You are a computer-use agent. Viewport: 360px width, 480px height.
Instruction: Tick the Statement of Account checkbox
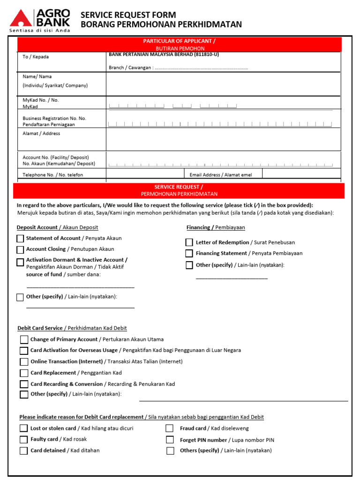[20, 239]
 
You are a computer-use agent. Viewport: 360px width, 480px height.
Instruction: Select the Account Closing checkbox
[20, 250]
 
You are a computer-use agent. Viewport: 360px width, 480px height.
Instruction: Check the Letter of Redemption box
[189, 242]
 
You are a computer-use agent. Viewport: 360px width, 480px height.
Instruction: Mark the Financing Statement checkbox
[189, 254]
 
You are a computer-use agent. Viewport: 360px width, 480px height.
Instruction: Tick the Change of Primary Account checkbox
[24, 340]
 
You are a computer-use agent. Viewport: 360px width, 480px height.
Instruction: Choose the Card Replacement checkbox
[24, 373]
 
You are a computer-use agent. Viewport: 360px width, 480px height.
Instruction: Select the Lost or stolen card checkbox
[23, 428]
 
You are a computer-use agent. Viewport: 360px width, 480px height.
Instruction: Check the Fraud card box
[170, 428]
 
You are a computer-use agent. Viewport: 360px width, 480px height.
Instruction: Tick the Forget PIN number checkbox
[170, 440]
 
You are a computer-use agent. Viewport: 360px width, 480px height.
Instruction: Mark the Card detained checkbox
[23, 451]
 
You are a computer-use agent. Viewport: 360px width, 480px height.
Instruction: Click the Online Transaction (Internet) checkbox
[24, 362]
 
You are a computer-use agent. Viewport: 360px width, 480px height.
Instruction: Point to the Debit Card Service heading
[72, 328]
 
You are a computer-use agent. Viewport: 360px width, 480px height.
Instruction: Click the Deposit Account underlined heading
[57, 227]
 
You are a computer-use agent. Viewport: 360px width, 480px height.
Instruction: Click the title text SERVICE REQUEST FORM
[128, 15]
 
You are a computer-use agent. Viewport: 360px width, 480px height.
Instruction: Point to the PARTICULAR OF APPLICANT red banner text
[180, 41]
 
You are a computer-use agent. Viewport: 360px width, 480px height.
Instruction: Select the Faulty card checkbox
[23, 440]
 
